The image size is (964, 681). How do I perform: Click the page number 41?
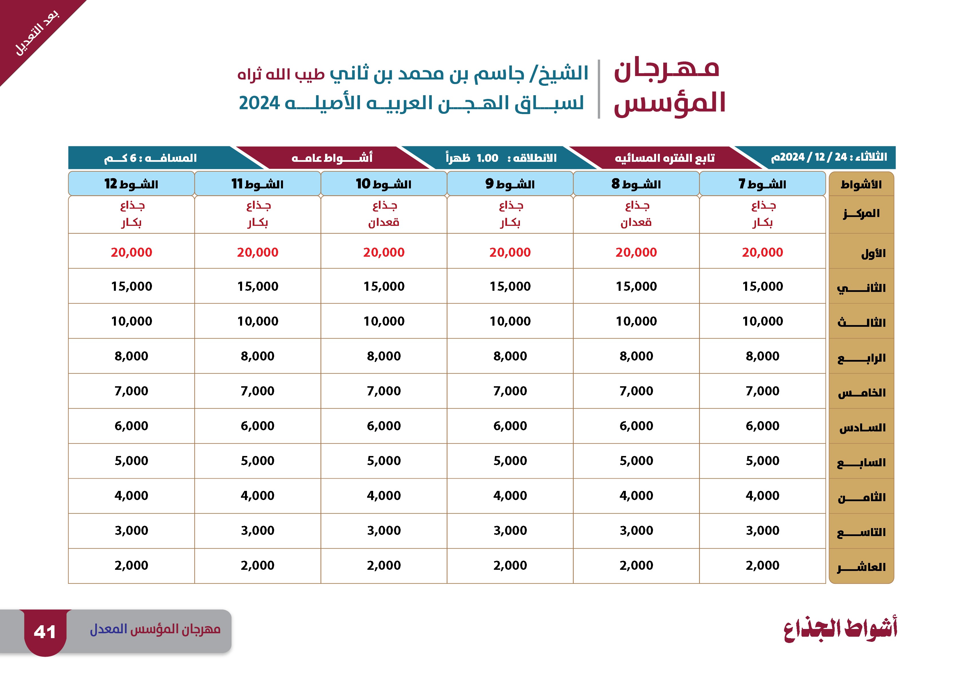tap(45, 632)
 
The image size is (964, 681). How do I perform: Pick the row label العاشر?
tap(861, 567)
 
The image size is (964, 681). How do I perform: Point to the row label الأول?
tap(873, 253)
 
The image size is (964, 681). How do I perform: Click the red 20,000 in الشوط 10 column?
tap(384, 252)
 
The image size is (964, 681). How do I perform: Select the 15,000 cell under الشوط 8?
tap(636, 286)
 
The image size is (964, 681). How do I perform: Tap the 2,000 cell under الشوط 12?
tap(131, 565)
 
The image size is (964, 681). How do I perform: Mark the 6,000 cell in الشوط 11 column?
tap(257, 425)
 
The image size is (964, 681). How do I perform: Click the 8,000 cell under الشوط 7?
tap(763, 356)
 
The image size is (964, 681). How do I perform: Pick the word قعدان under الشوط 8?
tap(636, 222)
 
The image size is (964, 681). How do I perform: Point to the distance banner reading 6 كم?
tap(150, 158)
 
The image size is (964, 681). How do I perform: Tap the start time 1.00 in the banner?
tap(488, 158)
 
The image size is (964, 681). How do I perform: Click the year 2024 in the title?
tap(259, 103)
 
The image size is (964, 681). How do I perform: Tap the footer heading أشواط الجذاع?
tap(840, 629)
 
